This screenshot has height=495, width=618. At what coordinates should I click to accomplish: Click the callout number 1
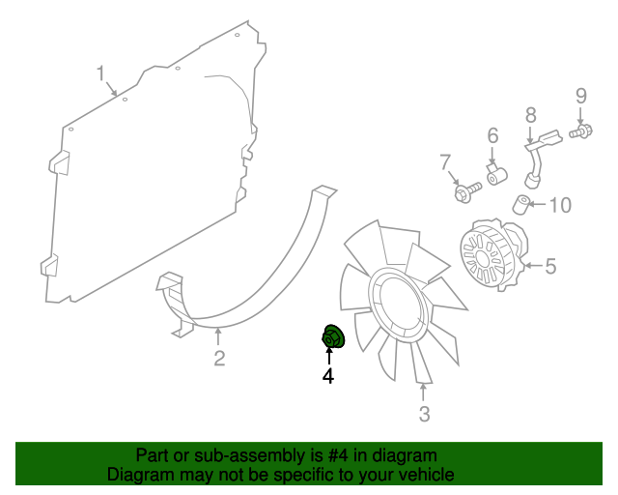(x=101, y=73)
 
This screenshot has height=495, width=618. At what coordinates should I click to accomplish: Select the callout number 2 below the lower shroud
(x=219, y=358)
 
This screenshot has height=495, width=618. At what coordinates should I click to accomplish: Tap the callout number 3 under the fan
(x=424, y=414)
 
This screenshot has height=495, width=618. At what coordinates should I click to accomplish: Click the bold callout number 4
(x=328, y=376)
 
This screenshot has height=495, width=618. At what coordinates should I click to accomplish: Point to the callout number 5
(x=550, y=266)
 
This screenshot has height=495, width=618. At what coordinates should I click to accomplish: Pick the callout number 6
(x=493, y=135)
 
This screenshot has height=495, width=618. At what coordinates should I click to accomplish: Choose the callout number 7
(x=445, y=161)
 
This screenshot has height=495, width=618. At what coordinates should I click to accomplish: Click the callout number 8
(x=531, y=115)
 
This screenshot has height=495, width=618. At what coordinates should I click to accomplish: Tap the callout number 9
(x=581, y=96)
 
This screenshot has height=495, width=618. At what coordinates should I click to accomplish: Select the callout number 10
(x=560, y=205)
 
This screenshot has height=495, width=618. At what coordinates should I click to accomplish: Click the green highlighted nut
(x=333, y=336)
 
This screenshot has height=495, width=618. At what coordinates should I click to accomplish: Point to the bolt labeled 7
(x=467, y=192)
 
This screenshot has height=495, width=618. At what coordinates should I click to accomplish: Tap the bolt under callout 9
(x=581, y=131)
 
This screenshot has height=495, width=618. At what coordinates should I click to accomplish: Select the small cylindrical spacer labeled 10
(x=521, y=204)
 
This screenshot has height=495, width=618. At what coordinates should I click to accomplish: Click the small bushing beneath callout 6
(x=496, y=175)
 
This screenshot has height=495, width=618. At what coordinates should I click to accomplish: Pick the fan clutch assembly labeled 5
(x=493, y=255)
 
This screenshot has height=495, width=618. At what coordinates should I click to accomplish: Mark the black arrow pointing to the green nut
(x=328, y=355)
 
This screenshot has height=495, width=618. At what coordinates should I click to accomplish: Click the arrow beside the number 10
(x=537, y=204)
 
